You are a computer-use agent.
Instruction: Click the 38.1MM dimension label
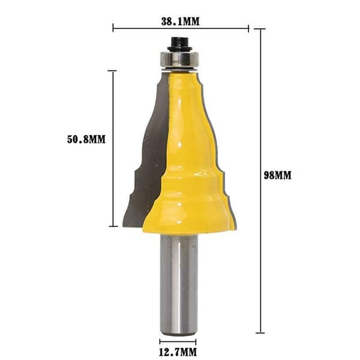(180, 21)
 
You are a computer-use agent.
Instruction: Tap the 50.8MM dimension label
(86, 139)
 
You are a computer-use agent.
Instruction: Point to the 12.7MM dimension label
(178, 352)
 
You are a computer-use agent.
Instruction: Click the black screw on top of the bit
(178, 43)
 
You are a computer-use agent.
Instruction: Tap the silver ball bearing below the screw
(178, 61)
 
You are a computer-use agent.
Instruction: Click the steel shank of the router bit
(178, 282)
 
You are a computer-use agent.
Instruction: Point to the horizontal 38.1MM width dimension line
(180, 28)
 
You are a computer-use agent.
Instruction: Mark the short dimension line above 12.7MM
(178, 341)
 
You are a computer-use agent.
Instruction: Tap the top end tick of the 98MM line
(260, 29)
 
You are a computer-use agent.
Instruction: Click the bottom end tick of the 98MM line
(260, 332)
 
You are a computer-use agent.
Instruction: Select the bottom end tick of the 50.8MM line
(113, 226)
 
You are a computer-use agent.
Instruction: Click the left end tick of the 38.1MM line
(113, 28)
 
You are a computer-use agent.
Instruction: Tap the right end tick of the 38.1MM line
(248, 28)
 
